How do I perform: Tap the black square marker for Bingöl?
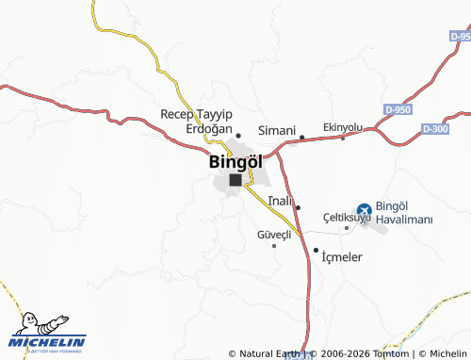[235, 180]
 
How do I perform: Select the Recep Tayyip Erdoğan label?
[196, 121]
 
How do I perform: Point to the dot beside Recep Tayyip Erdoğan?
[238, 136]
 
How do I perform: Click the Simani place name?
[277, 130]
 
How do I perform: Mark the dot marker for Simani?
[301, 138]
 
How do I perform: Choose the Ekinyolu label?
[343, 126]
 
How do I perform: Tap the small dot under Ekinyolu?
[343, 139]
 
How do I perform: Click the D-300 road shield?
[436, 129]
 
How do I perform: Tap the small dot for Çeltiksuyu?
[347, 227]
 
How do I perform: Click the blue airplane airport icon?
[364, 212]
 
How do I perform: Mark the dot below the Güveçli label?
[274, 246]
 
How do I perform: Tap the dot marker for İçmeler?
[316, 250]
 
